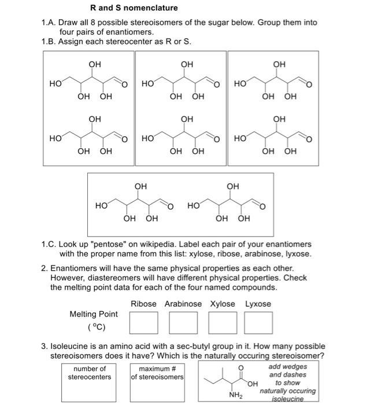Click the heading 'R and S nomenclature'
coord(134,8)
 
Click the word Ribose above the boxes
coord(143,304)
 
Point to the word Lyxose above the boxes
coord(258,304)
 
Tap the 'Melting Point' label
coord(94,314)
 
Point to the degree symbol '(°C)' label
coord(94,326)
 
